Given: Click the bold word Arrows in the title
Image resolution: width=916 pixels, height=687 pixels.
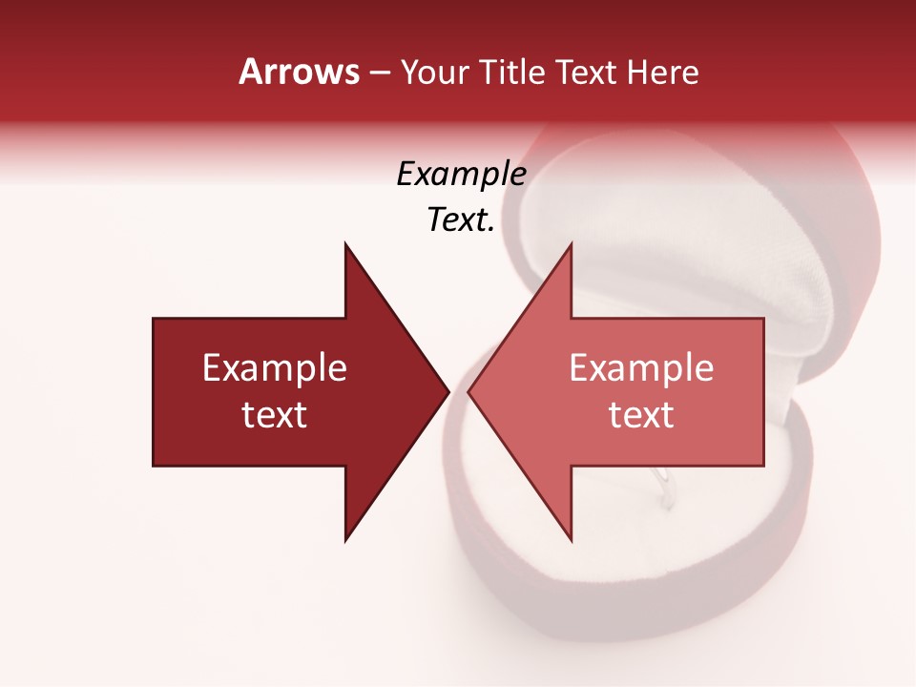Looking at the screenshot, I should (299, 72).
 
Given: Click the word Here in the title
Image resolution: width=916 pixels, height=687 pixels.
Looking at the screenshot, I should (663, 73).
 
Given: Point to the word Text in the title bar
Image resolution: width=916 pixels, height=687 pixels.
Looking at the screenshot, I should (587, 73).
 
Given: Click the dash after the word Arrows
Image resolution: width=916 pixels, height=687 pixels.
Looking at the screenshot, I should (379, 73).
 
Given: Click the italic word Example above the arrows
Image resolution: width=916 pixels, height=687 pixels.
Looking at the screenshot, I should (461, 175).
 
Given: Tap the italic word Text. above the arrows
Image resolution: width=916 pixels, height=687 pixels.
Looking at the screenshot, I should (461, 220).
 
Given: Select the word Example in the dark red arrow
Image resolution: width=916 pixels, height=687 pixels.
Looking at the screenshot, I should (275, 368).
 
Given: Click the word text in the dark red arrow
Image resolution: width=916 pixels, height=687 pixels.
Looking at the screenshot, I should (275, 415).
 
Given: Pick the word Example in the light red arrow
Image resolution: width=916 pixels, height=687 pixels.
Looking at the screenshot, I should (641, 368).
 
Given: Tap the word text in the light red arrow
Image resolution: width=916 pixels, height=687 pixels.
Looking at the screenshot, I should (641, 415).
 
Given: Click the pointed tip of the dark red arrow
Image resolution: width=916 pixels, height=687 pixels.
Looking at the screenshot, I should (447, 391).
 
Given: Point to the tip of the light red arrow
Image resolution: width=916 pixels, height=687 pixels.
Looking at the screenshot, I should (470, 391).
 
